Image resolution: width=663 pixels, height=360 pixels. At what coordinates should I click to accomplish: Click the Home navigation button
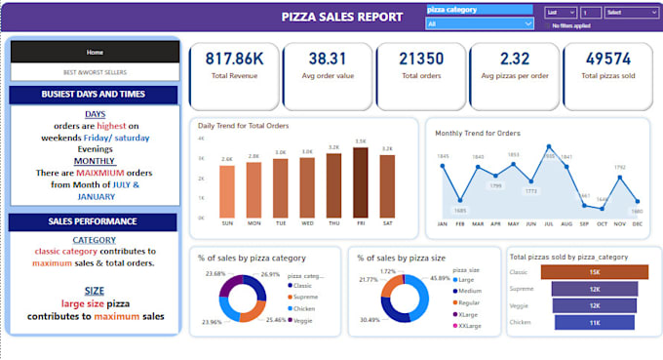click(95, 52)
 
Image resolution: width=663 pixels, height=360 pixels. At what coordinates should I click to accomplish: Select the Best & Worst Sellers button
click(95, 72)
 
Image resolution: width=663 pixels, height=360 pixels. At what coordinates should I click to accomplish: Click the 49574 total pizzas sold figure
click(607, 60)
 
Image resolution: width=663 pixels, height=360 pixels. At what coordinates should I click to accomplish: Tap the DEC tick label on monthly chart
click(637, 223)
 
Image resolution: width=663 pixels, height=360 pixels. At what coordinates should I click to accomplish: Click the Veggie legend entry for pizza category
click(301, 320)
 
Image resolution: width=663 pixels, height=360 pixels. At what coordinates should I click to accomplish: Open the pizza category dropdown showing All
click(480, 22)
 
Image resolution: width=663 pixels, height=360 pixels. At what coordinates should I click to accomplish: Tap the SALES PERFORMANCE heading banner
click(95, 221)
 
